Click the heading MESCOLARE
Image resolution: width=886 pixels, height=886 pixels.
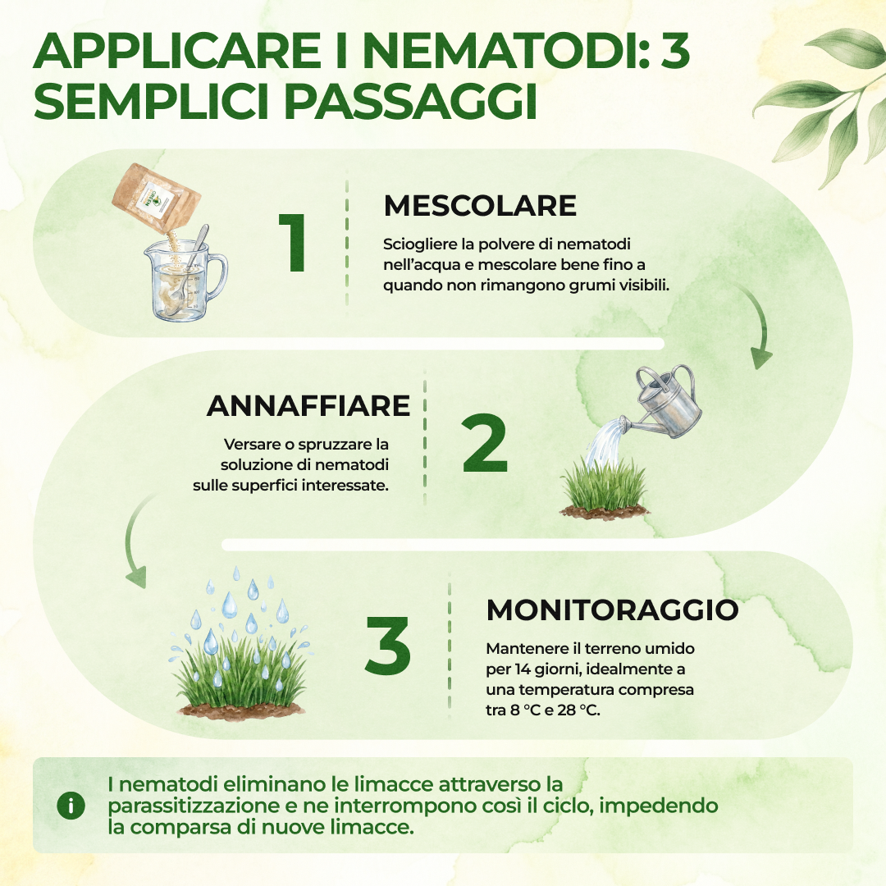point(480,206)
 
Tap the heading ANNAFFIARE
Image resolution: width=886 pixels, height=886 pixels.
point(308,406)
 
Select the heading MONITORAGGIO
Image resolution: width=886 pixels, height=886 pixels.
point(613,610)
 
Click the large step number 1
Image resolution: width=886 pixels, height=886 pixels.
point(293,243)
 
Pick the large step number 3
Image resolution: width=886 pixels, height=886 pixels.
point(387,646)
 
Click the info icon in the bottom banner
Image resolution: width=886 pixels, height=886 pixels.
point(71,806)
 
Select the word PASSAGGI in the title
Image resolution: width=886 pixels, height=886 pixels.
point(410,102)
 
